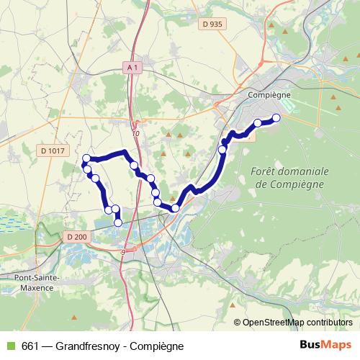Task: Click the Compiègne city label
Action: (268, 94)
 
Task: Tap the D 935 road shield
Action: (212, 24)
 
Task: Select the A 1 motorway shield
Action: (131, 67)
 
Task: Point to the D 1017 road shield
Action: (53, 150)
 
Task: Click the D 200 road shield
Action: (76, 237)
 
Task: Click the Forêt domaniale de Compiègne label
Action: (291, 177)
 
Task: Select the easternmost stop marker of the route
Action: (275, 118)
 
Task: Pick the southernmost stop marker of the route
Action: (118, 223)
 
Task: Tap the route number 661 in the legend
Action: (30, 346)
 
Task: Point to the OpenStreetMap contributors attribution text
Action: (297, 322)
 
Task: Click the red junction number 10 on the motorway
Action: (136, 133)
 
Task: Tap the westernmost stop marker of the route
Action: (86, 158)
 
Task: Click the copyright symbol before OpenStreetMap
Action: (238, 322)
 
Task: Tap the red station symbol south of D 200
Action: (124, 252)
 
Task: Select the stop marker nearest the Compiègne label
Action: (257, 123)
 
